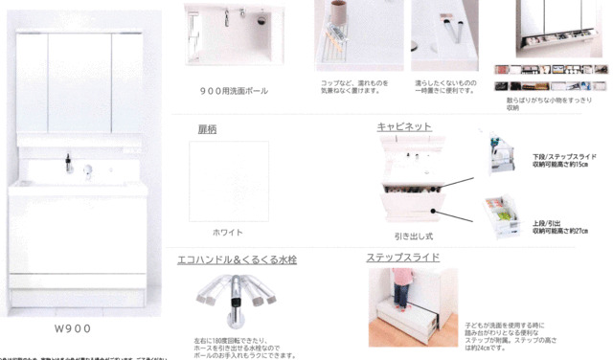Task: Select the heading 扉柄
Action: point(208,128)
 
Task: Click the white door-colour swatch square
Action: point(229,181)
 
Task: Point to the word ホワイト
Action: point(228,233)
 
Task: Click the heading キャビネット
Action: point(404,126)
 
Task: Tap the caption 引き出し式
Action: point(414,234)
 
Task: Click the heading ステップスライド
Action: point(402,258)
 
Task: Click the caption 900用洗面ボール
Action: point(235,92)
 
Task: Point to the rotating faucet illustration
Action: point(237,291)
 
